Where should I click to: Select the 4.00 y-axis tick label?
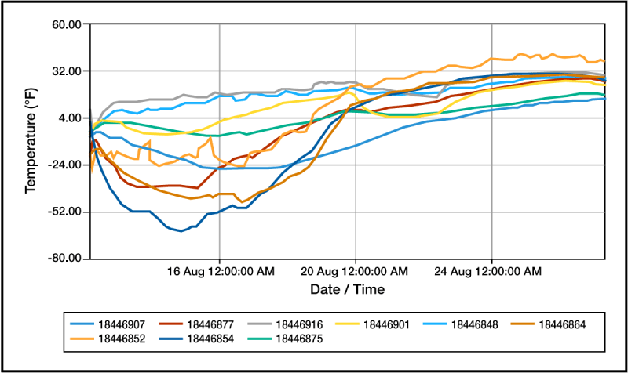71,118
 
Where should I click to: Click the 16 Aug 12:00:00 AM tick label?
221,272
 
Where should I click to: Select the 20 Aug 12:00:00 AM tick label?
356,272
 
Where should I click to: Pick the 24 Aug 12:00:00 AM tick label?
488,272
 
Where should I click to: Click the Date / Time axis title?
348,289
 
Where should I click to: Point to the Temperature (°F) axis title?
31,143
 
